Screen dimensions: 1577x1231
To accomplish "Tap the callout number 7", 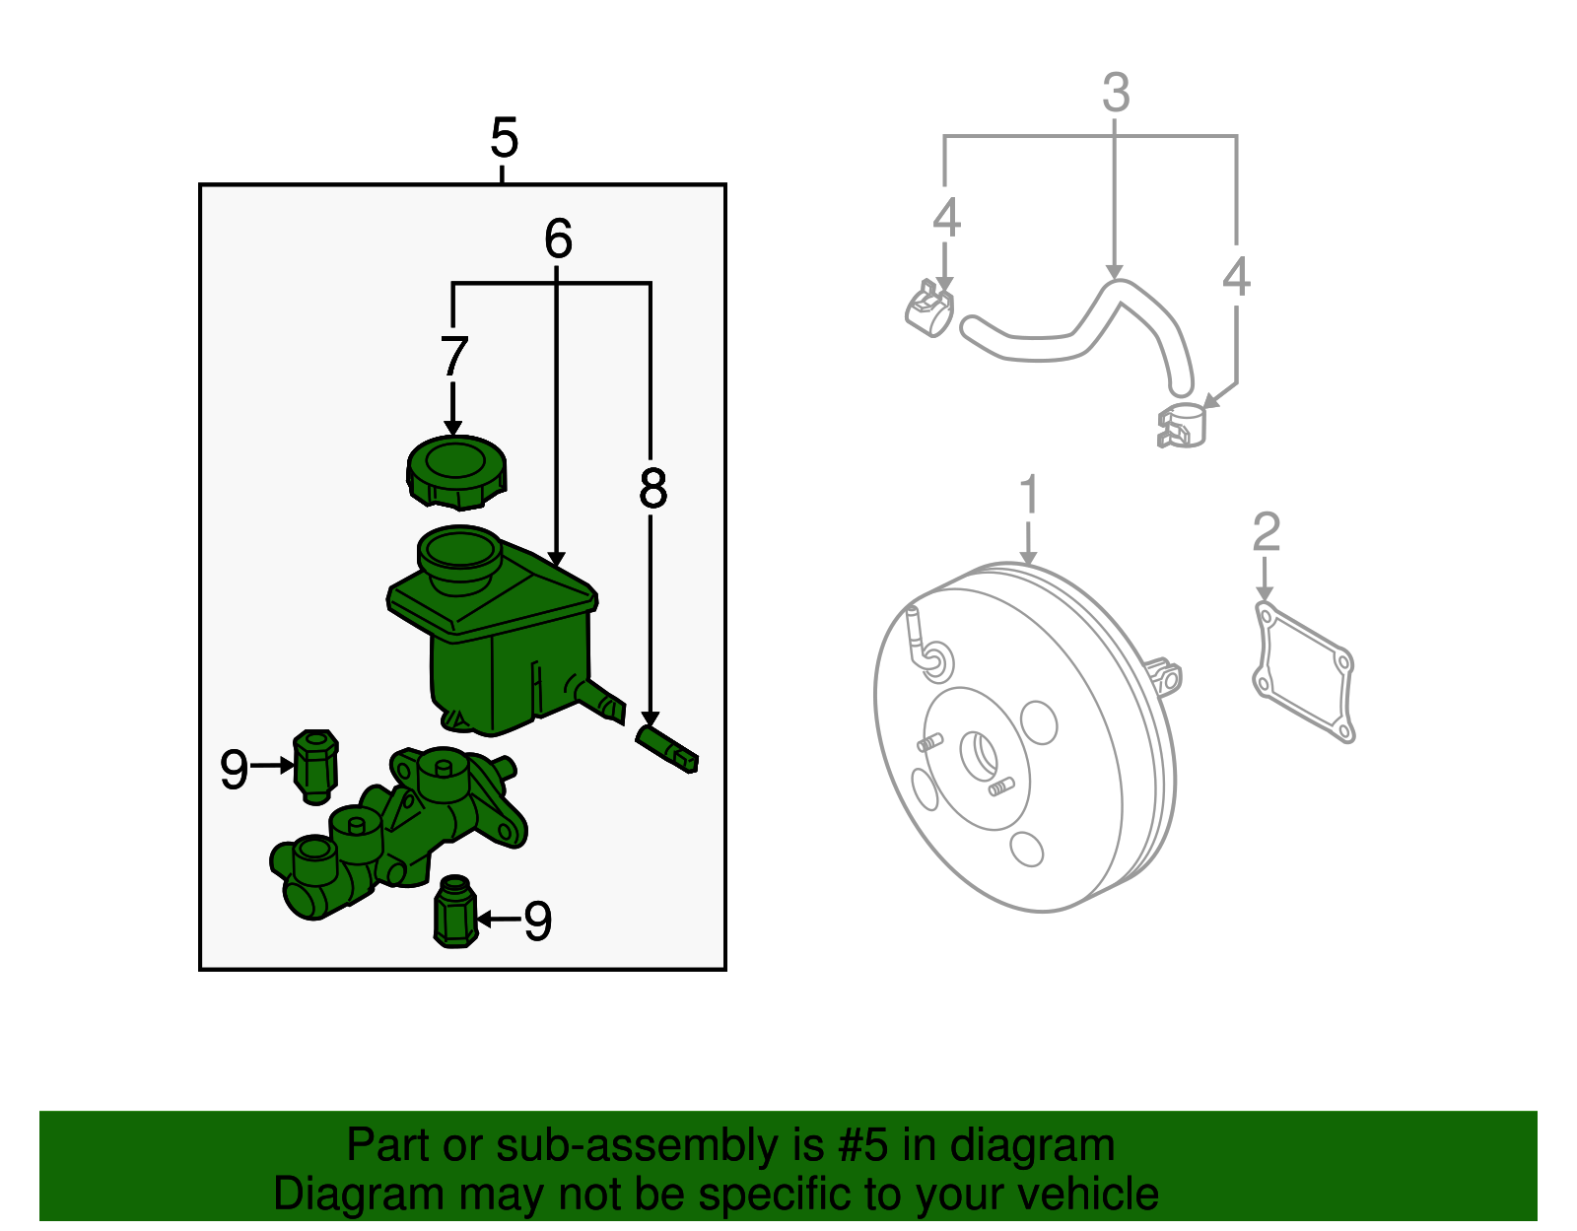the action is pyautogui.click(x=454, y=356).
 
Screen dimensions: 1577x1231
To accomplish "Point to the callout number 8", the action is pyautogui.click(x=652, y=488).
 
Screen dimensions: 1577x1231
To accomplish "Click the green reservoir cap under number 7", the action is pyautogui.click(x=455, y=472).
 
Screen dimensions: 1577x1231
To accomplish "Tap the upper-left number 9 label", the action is pyautogui.click(x=234, y=769).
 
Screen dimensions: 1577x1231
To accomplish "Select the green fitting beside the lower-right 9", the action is pyautogui.click(x=455, y=912).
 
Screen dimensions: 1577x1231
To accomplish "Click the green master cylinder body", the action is pyautogui.click(x=397, y=833).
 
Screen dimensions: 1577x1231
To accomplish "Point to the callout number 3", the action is pyautogui.click(x=1116, y=93).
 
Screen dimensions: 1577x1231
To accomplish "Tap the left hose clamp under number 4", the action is pyautogui.click(x=928, y=308).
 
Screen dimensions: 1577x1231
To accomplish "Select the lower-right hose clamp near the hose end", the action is pyautogui.click(x=1181, y=425).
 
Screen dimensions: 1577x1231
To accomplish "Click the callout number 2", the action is pyautogui.click(x=1267, y=531).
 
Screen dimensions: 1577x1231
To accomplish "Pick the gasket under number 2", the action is pyautogui.click(x=1304, y=672).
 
